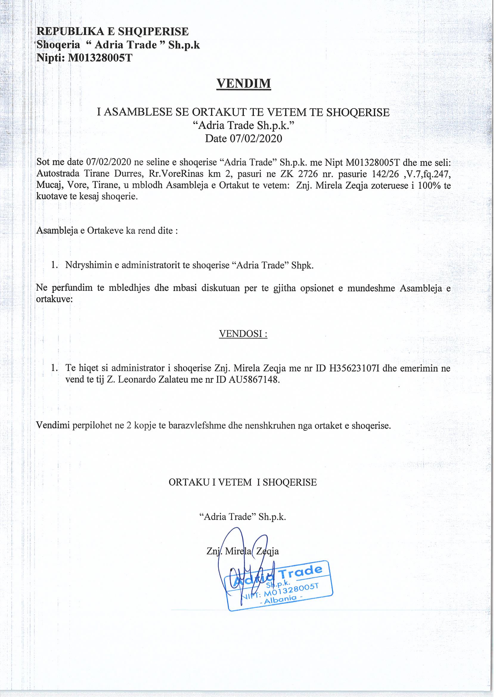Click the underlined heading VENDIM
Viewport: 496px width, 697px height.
click(x=244, y=84)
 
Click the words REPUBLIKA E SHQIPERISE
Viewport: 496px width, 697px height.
click(x=112, y=32)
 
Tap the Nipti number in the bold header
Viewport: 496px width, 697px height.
click(x=100, y=58)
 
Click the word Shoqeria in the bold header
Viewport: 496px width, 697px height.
click(x=58, y=45)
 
